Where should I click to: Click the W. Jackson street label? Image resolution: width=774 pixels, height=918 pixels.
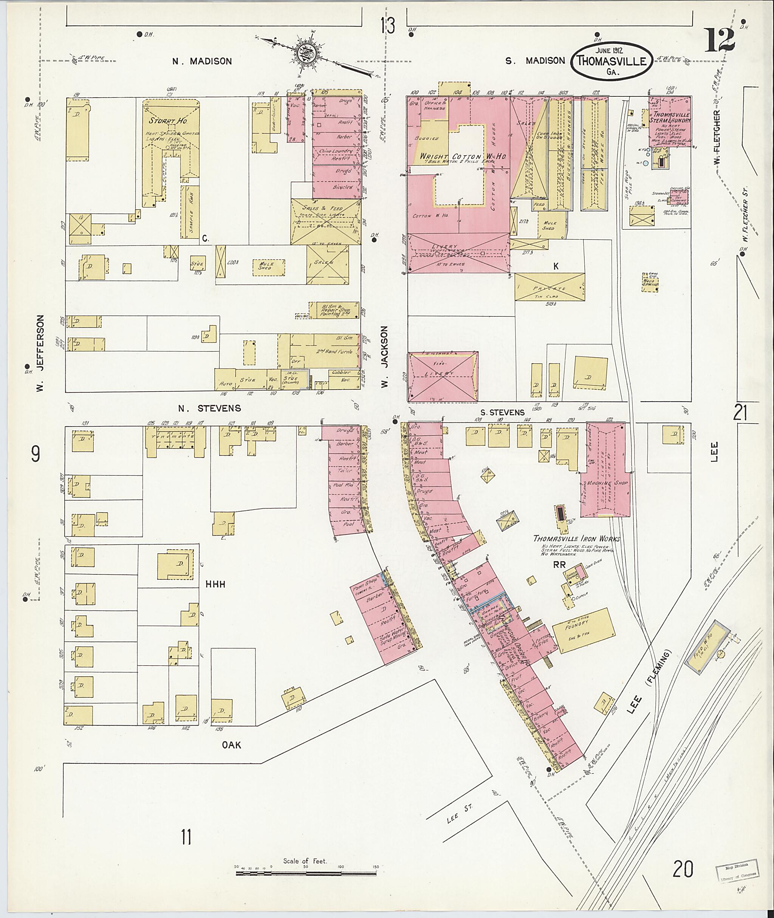click(384, 356)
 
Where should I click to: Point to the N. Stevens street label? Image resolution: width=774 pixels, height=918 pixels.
click(209, 408)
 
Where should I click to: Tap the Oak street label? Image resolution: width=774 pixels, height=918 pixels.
click(232, 745)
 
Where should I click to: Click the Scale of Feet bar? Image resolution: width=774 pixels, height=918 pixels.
click(306, 874)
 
